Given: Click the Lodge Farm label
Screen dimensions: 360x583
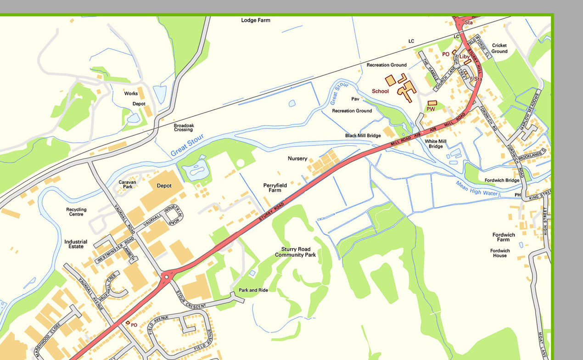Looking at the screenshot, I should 256,20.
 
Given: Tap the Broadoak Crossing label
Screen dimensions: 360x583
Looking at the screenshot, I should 183,128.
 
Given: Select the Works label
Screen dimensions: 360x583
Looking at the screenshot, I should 131,94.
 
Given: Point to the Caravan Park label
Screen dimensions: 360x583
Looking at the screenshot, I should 128,185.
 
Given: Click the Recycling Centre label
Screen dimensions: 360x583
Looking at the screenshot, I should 76,212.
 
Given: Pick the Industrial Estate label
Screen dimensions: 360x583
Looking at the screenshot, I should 76,244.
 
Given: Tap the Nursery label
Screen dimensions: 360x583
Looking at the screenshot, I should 297,158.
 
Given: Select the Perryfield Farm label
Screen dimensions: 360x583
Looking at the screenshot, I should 275,188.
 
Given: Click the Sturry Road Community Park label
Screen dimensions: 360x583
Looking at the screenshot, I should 295,252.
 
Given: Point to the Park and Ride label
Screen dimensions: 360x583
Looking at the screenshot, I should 253,290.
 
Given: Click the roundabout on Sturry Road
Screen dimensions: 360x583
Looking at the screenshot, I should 166,276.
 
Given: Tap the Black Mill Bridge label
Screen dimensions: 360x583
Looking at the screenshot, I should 363,136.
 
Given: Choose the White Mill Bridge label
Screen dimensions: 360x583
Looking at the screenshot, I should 436,144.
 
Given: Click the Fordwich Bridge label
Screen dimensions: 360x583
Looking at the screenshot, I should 499,180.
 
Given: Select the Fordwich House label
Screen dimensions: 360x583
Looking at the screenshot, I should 500,253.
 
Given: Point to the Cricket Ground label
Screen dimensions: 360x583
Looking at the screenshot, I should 499,48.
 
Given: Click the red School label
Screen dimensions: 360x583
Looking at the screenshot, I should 380,91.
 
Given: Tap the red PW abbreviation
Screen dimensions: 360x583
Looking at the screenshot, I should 431,109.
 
